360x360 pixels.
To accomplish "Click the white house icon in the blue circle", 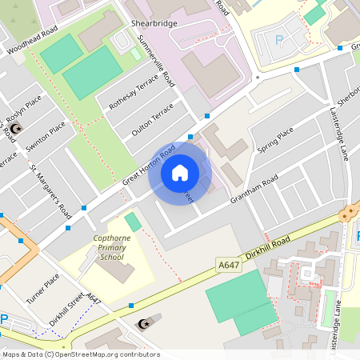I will pyautogui.click(x=180, y=172).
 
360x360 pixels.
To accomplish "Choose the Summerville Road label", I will pyautogui.click(x=157, y=61).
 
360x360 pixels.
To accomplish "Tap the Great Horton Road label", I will pyautogui.click(x=149, y=166).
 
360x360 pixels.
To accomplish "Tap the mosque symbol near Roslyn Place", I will pyautogui.click(x=18, y=127).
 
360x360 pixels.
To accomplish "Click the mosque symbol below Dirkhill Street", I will pyautogui.click(x=144, y=324).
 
